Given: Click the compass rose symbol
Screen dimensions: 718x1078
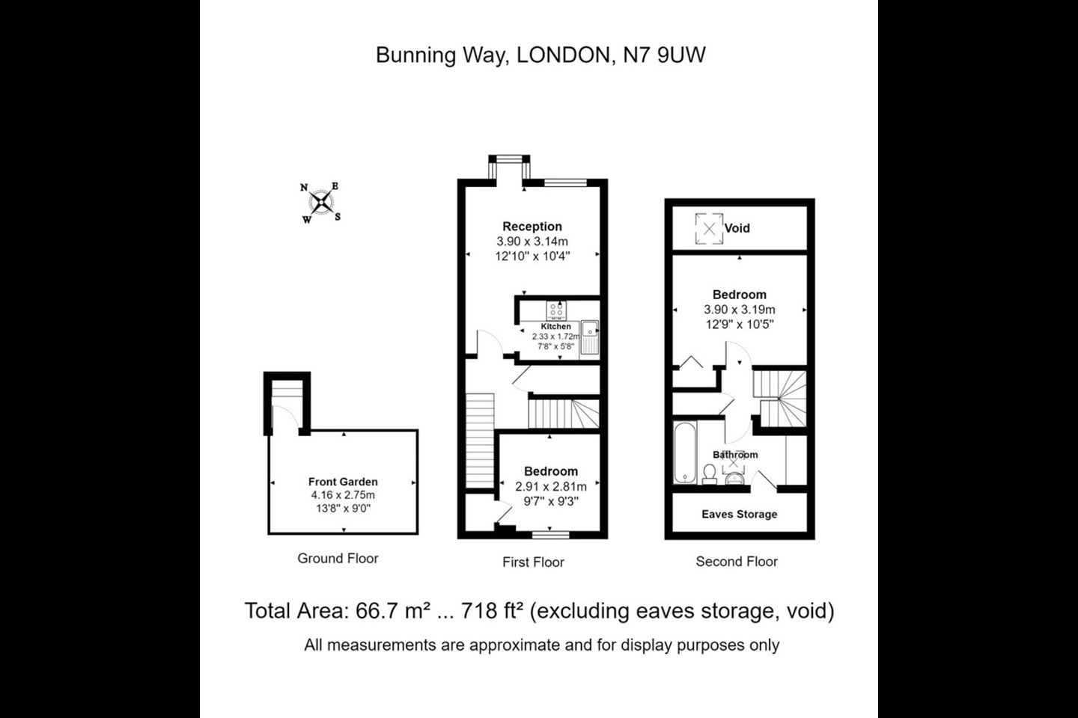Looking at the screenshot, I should click(321, 202).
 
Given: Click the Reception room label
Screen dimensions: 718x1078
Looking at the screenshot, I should click(532, 226).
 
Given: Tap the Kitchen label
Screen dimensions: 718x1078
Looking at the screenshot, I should click(555, 327).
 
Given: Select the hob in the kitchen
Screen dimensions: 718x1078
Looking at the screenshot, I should click(556, 309).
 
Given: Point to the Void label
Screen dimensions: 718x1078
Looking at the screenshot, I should click(737, 228).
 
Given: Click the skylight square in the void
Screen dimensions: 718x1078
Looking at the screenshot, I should click(708, 228).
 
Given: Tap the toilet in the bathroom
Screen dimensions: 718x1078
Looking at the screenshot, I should click(708, 473).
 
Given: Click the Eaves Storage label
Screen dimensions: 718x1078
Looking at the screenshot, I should click(739, 514).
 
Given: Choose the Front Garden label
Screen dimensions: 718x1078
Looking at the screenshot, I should click(343, 482).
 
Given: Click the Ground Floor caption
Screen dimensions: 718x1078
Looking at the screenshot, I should click(338, 558).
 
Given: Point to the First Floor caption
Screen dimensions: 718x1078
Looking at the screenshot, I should click(533, 562).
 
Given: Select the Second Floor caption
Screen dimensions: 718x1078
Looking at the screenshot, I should click(737, 561).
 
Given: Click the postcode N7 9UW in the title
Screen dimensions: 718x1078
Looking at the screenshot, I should click(664, 55).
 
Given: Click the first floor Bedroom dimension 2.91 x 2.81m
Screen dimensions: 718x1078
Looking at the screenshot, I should click(551, 486).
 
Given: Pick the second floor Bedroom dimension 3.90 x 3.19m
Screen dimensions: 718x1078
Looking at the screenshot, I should click(739, 310).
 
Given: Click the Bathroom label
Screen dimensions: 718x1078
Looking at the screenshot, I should click(735, 455).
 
